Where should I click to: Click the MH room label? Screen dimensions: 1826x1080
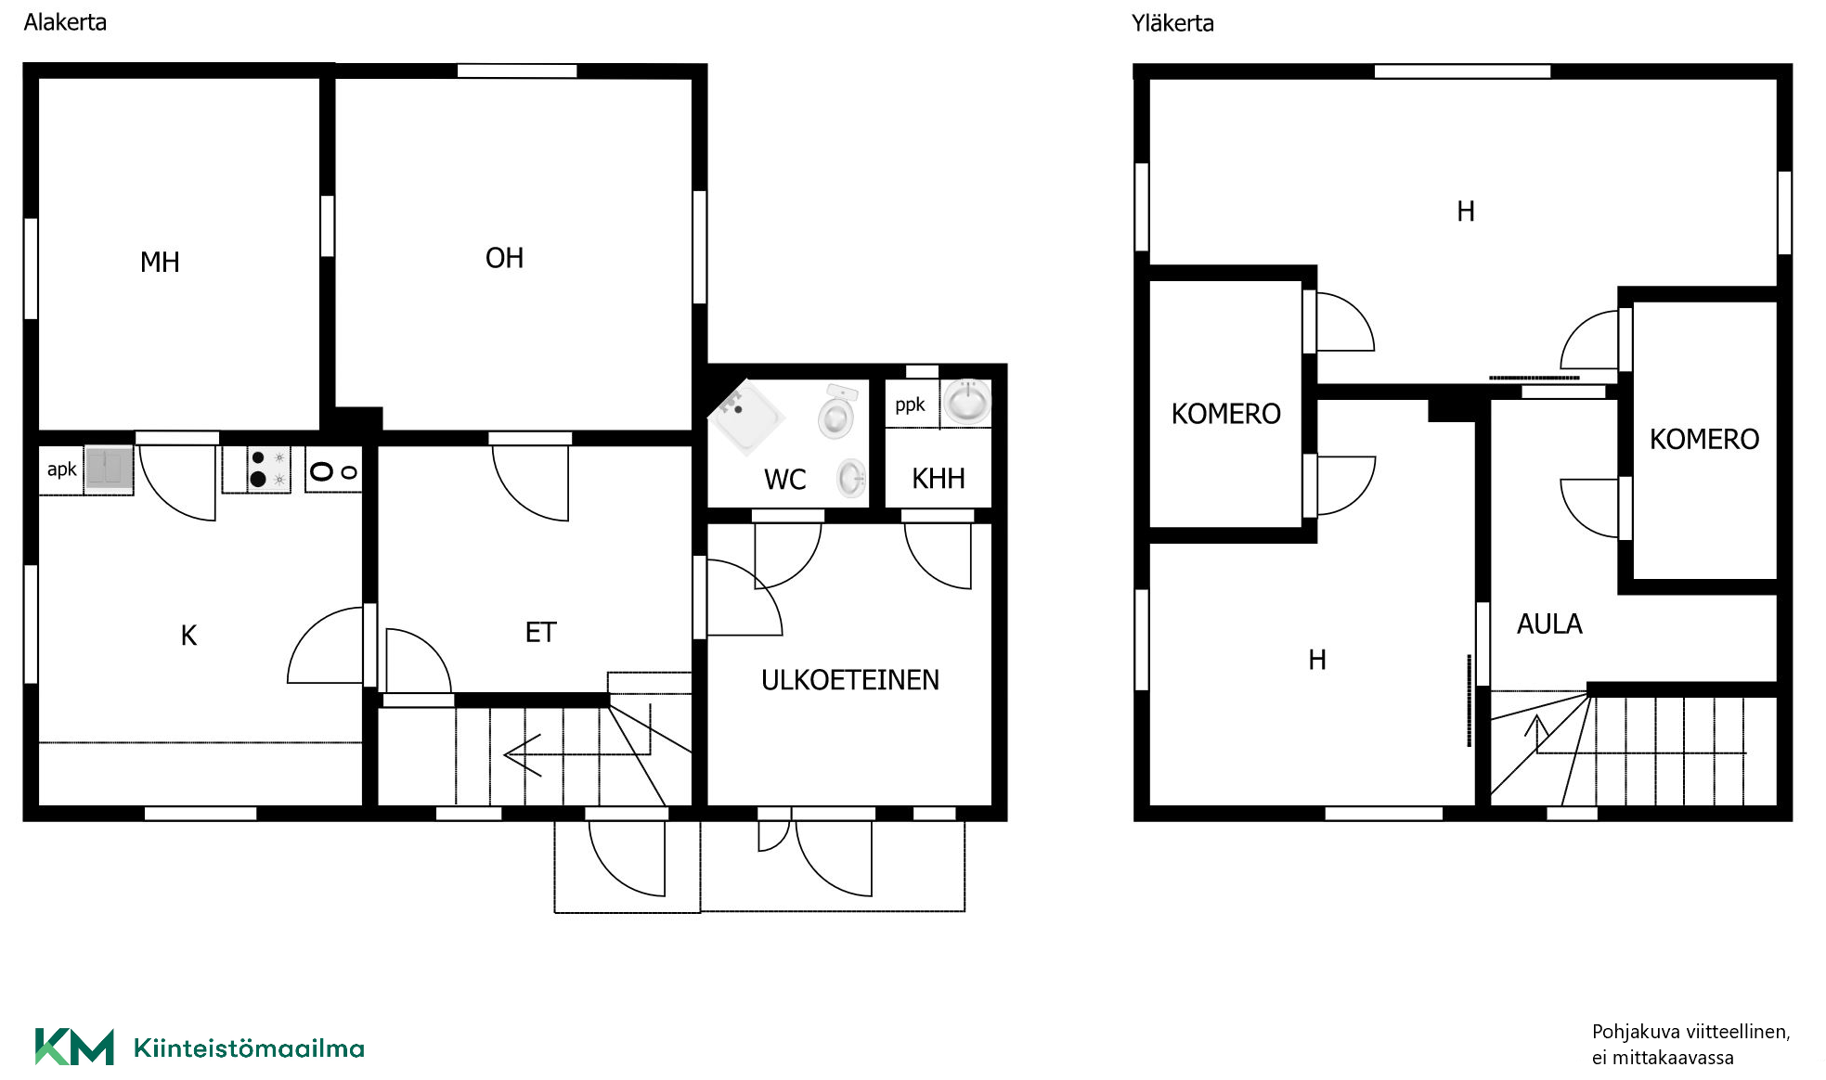pos(160,263)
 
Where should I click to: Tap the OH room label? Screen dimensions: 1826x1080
pos(504,258)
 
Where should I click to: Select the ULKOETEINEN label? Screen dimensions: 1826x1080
pos(849,680)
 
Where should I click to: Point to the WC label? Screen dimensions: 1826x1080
pos(784,480)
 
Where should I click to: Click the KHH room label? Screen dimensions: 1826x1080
pos(938,479)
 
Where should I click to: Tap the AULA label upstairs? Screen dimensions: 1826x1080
pos(1549,624)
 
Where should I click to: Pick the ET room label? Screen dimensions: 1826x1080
pos(540,633)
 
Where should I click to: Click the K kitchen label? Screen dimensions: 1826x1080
pos(188,636)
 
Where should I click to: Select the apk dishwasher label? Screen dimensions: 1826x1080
pos(61,469)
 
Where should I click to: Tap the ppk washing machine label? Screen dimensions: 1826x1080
pos(910,405)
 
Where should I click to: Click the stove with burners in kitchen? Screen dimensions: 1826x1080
pos(269,469)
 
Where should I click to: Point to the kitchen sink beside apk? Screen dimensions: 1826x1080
pos(110,469)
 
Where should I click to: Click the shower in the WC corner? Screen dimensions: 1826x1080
pos(745,418)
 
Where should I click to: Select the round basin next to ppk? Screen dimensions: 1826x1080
pos(966,403)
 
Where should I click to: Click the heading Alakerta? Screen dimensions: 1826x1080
pos(65,22)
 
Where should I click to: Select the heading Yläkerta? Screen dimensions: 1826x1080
pos(1172,23)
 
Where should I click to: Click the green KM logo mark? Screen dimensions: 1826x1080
pos(74,1047)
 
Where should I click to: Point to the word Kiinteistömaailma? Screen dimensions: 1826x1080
pos(249,1048)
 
